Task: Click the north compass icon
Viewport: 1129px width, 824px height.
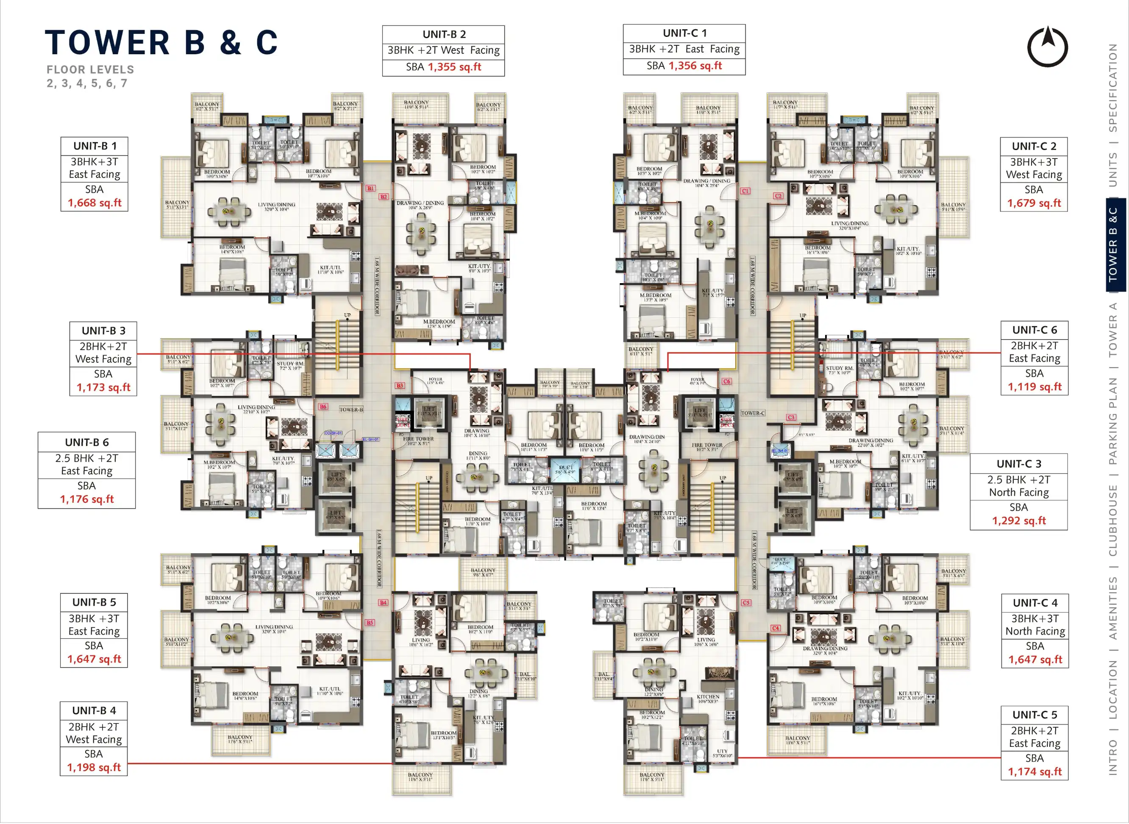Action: pos(1047,47)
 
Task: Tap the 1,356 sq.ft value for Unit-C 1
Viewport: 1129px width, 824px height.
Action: pos(695,66)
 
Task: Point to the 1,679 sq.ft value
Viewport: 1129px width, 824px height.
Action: pos(1034,203)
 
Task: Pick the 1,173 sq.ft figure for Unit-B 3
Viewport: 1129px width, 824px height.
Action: pos(103,387)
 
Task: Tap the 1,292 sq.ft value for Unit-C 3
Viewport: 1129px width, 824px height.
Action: pos(1019,521)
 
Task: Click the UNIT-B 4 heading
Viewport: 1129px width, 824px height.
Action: pos(94,710)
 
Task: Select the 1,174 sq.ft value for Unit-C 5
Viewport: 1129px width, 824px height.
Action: pos(1035,771)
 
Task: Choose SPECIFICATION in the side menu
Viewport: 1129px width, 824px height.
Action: pos(1112,88)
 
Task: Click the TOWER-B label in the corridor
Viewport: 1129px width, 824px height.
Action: pos(351,409)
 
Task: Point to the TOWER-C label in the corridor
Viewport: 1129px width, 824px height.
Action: pos(753,413)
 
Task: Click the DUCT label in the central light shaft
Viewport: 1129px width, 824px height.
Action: pos(565,468)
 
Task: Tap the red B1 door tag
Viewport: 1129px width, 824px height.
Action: pos(370,188)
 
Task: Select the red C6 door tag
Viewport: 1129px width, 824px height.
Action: pos(726,381)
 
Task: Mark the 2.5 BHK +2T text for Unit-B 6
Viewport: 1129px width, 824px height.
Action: pos(87,458)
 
